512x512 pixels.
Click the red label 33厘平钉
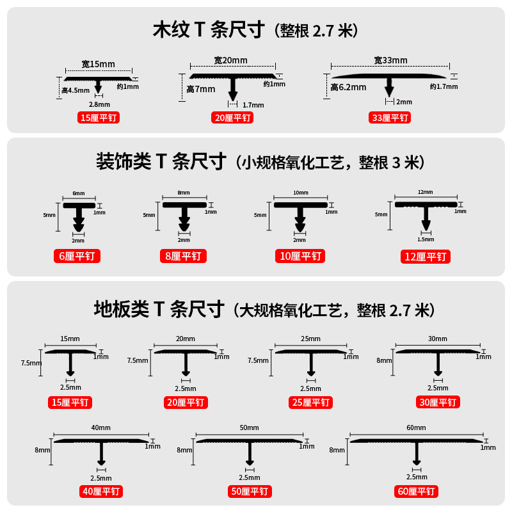tap(390, 118)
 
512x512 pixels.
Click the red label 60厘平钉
tap(416, 492)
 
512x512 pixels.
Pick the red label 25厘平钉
tap(310, 403)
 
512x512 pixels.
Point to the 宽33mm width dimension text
tap(390, 60)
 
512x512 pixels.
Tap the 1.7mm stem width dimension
tap(253, 104)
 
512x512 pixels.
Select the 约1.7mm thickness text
tap(444, 86)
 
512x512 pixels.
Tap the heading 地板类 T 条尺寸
tap(160, 310)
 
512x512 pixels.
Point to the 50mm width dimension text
tap(249, 428)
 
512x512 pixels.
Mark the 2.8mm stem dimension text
tap(99, 104)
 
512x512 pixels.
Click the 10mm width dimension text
tap(300, 193)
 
